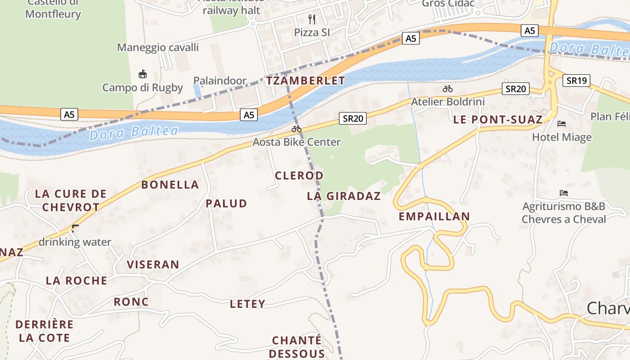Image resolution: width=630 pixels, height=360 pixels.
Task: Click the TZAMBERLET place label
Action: (x=306, y=81)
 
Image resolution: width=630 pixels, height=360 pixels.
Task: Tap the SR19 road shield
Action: (x=576, y=81)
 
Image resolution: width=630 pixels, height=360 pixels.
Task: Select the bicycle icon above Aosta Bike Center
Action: (x=296, y=129)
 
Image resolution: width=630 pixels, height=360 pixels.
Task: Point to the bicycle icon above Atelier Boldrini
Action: (x=447, y=89)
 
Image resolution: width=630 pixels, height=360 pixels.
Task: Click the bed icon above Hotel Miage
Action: (x=562, y=124)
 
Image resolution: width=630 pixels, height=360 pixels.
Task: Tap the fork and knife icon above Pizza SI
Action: (x=312, y=19)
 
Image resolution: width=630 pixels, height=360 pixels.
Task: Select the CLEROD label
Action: (x=299, y=175)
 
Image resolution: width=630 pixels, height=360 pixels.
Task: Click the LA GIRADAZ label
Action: (x=344, y=196)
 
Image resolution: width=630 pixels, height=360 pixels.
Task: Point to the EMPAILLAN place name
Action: (x=434, y=216)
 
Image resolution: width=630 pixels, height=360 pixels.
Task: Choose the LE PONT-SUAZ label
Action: (x=498, y=120)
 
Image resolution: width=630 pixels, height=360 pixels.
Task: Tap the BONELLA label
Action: (x=170, y=185)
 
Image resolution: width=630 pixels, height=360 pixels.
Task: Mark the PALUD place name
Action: (x=226, y=203)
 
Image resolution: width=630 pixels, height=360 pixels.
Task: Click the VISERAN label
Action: (x=153, y=265)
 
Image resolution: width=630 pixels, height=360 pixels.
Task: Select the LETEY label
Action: (x=247, y=304)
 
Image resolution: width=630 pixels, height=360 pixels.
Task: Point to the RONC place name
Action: (x=131, y=302)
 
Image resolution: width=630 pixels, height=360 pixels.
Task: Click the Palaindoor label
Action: (x=220, y=81)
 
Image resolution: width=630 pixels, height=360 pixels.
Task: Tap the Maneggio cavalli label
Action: (x=158, y=47)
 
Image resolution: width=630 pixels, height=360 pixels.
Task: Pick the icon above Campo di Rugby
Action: (x=143, y=74)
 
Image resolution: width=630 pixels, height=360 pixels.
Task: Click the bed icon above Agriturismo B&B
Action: (x=563, y=193)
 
